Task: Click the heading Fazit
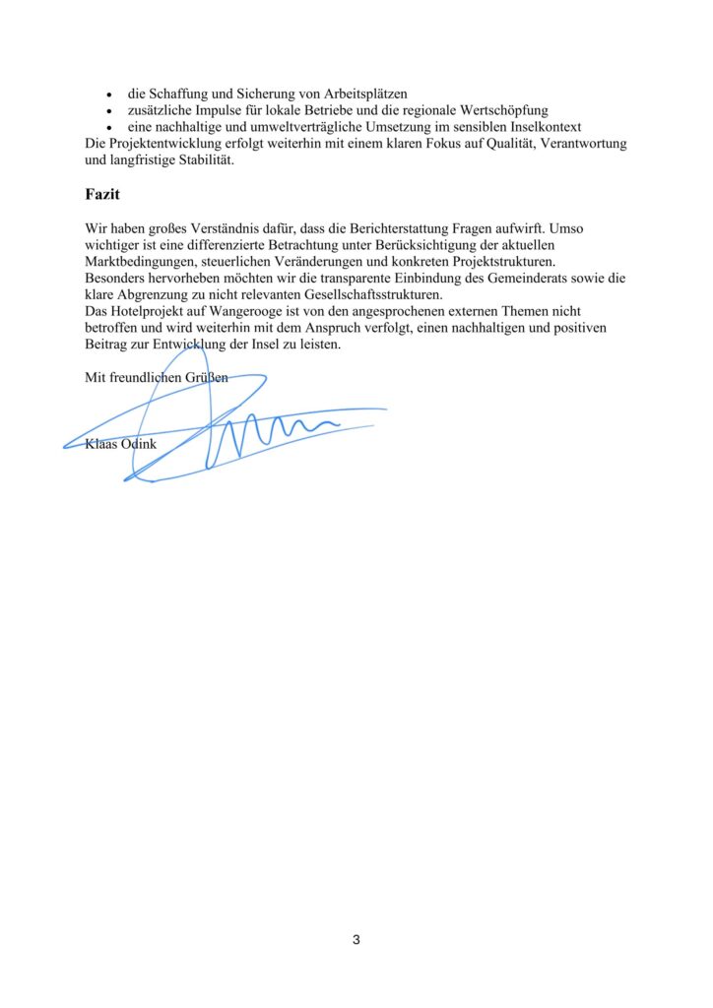102,195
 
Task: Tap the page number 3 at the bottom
356,940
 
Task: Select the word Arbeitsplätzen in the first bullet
351,94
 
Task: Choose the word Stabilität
202,160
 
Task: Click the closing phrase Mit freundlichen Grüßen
157,377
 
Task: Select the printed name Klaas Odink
121,444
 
